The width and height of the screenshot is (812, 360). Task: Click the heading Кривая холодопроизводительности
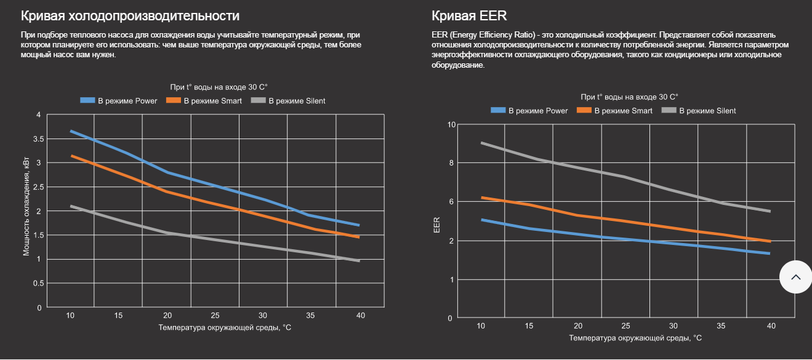pyautogui.click(x=130, y=15)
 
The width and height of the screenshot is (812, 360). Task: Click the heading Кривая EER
pyautogui.click(x=469, y=15)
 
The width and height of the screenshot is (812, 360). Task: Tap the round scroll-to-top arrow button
pyautogui.click(x=795, y=277)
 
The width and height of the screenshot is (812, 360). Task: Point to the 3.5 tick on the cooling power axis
pyautogui.click(x=38, y=139)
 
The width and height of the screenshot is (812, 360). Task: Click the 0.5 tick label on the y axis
pyautogui.click(x=38, y=283)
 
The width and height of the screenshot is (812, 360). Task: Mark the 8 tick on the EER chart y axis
pyautogui.click(x=451, y=163)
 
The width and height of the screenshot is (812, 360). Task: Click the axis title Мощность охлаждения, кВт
pyautogui.click(x=27, y=211)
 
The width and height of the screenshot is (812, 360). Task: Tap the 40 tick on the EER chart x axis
pyautogui.click(x=771, y=326)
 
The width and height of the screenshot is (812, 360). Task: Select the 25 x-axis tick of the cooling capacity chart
pyautogui.click(x=215, y=315)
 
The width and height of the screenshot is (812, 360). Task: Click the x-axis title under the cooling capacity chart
pyautogui.click(x=225, y=328)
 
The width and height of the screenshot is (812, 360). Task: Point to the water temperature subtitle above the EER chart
pyautogui.click(x=629, y=97)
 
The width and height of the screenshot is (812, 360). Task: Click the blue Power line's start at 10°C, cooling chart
pyautogui.click(x=71, y=131)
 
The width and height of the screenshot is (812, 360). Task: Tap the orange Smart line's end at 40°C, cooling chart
pyautogui.click(x=359, y=237)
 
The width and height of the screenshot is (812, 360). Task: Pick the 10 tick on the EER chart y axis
pyautogui.click(x=451, y=124)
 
